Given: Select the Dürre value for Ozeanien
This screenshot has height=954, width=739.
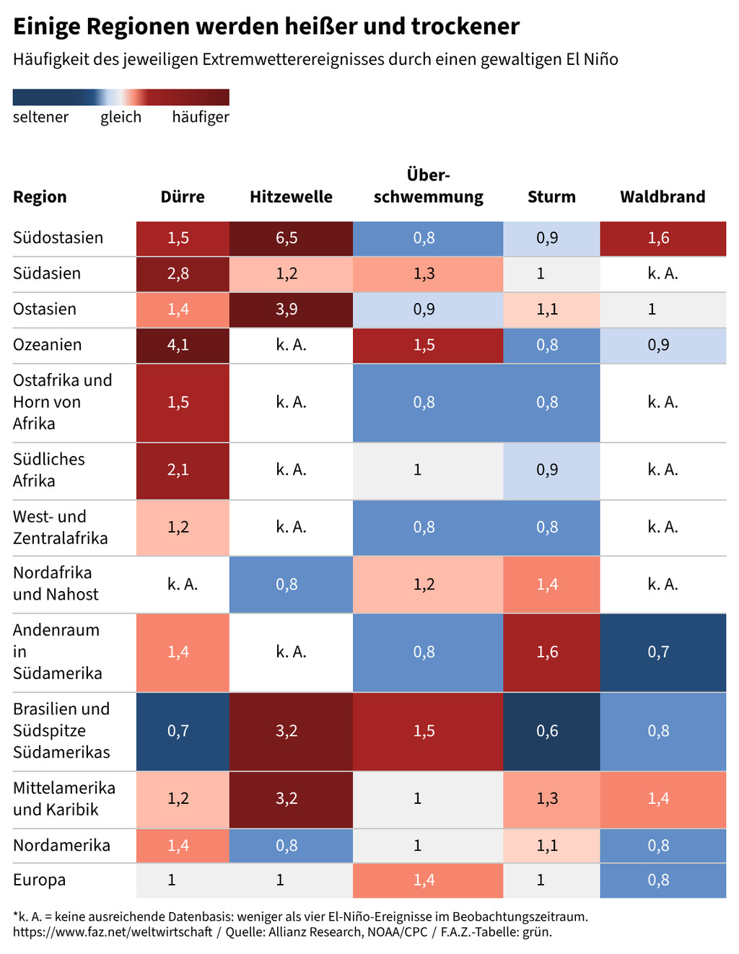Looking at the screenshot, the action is tap(178, 345).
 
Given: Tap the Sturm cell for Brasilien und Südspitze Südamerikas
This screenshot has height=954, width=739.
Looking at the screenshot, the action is tap(551, 731).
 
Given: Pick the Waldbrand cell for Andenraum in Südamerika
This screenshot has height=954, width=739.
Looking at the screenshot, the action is tap(663, 652).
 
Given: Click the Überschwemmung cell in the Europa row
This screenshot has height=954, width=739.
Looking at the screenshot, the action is tap(428, 880).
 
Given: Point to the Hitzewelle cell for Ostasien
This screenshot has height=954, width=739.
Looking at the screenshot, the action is tap(291, 309).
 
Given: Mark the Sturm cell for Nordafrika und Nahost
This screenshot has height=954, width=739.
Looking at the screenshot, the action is tap(551, 585).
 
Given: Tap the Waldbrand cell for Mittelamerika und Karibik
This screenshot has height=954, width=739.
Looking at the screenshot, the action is tap(663, 799).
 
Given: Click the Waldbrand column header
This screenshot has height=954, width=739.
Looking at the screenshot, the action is tap(663, 197).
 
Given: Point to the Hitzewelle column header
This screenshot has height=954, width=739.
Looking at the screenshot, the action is tap(291, 197).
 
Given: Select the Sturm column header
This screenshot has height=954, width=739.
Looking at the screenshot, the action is tap(551, 197).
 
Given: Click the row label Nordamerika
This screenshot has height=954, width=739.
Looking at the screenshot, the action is tap(61, 845).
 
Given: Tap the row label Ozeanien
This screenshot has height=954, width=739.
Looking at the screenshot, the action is tap(48, 345).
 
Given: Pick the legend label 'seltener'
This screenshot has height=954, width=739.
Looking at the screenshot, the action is tap(41, 117).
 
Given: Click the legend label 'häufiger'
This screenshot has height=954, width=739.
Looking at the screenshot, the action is tap(201, 117).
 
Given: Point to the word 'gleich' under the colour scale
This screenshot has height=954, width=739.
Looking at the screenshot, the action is tap(121, 117).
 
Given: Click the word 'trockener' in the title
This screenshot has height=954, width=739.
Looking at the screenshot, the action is tap(465, 27).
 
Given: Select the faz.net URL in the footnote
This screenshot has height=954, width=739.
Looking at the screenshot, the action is tap(113, 932).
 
